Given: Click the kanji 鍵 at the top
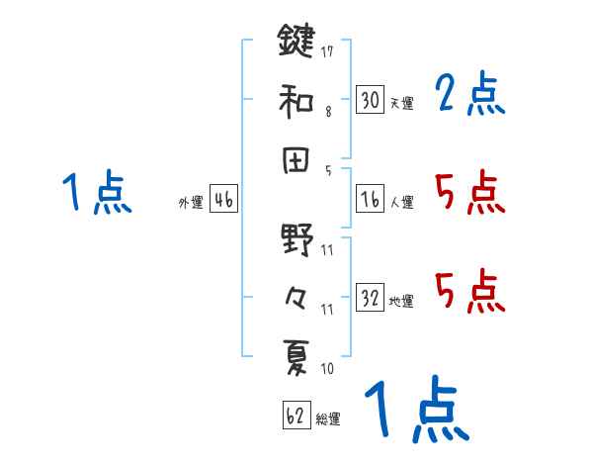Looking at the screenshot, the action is pos(296,43).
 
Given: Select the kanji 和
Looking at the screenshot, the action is pos(296,101).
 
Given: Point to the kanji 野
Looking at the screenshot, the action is pos(296,239).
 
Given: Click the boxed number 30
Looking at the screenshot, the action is pos(370,100).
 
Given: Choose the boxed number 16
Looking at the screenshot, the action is pos(370,199).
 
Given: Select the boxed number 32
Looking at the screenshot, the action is pos(370,298).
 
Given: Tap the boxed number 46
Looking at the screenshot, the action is pos(223,199).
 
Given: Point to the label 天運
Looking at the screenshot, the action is pos(401,103).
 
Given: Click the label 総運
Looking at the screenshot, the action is pos(328,419).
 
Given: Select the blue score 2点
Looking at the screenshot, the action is pos(469,96).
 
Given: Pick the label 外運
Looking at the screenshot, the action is pos(191,203).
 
